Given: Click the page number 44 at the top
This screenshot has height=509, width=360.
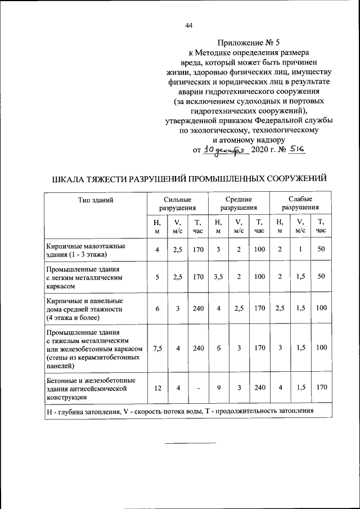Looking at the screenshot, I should click(188, 25).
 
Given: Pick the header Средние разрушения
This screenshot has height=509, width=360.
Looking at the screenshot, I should click(238, 204).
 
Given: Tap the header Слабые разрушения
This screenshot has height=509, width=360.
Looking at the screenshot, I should click(300, 204).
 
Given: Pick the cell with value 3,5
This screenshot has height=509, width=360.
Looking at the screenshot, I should click(218, 277).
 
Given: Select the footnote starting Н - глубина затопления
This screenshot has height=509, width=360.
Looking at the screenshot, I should click(179, 412).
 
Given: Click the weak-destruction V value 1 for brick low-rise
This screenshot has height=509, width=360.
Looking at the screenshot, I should click(300, 250).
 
